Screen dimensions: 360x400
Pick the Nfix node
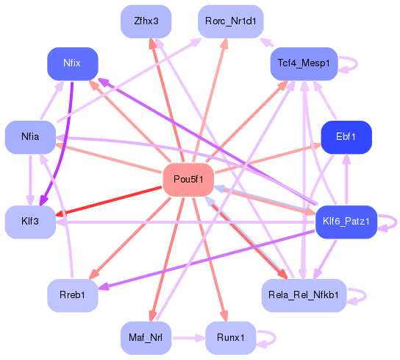[72, 64]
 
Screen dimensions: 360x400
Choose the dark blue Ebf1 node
[346, 137]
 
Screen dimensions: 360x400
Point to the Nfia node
[30, 137]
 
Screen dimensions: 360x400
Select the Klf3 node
[30, 222]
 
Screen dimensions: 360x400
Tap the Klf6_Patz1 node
[346, 222]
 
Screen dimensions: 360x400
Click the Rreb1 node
[72, 295]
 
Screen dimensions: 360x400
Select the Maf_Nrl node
[146, 338]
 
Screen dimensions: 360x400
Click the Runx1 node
[230, 338]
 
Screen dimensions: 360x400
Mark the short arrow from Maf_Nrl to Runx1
[187, 338]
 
